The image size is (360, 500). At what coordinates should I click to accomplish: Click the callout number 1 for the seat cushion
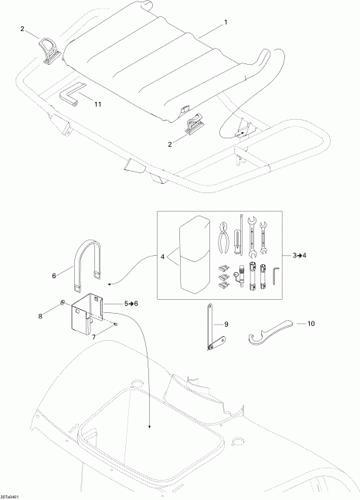[226, 23]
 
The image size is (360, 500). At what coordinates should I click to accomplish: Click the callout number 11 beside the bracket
[97, 103]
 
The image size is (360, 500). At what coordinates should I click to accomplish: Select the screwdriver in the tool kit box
[242, 236]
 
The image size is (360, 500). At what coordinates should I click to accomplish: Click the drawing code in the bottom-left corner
[11, 495]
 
